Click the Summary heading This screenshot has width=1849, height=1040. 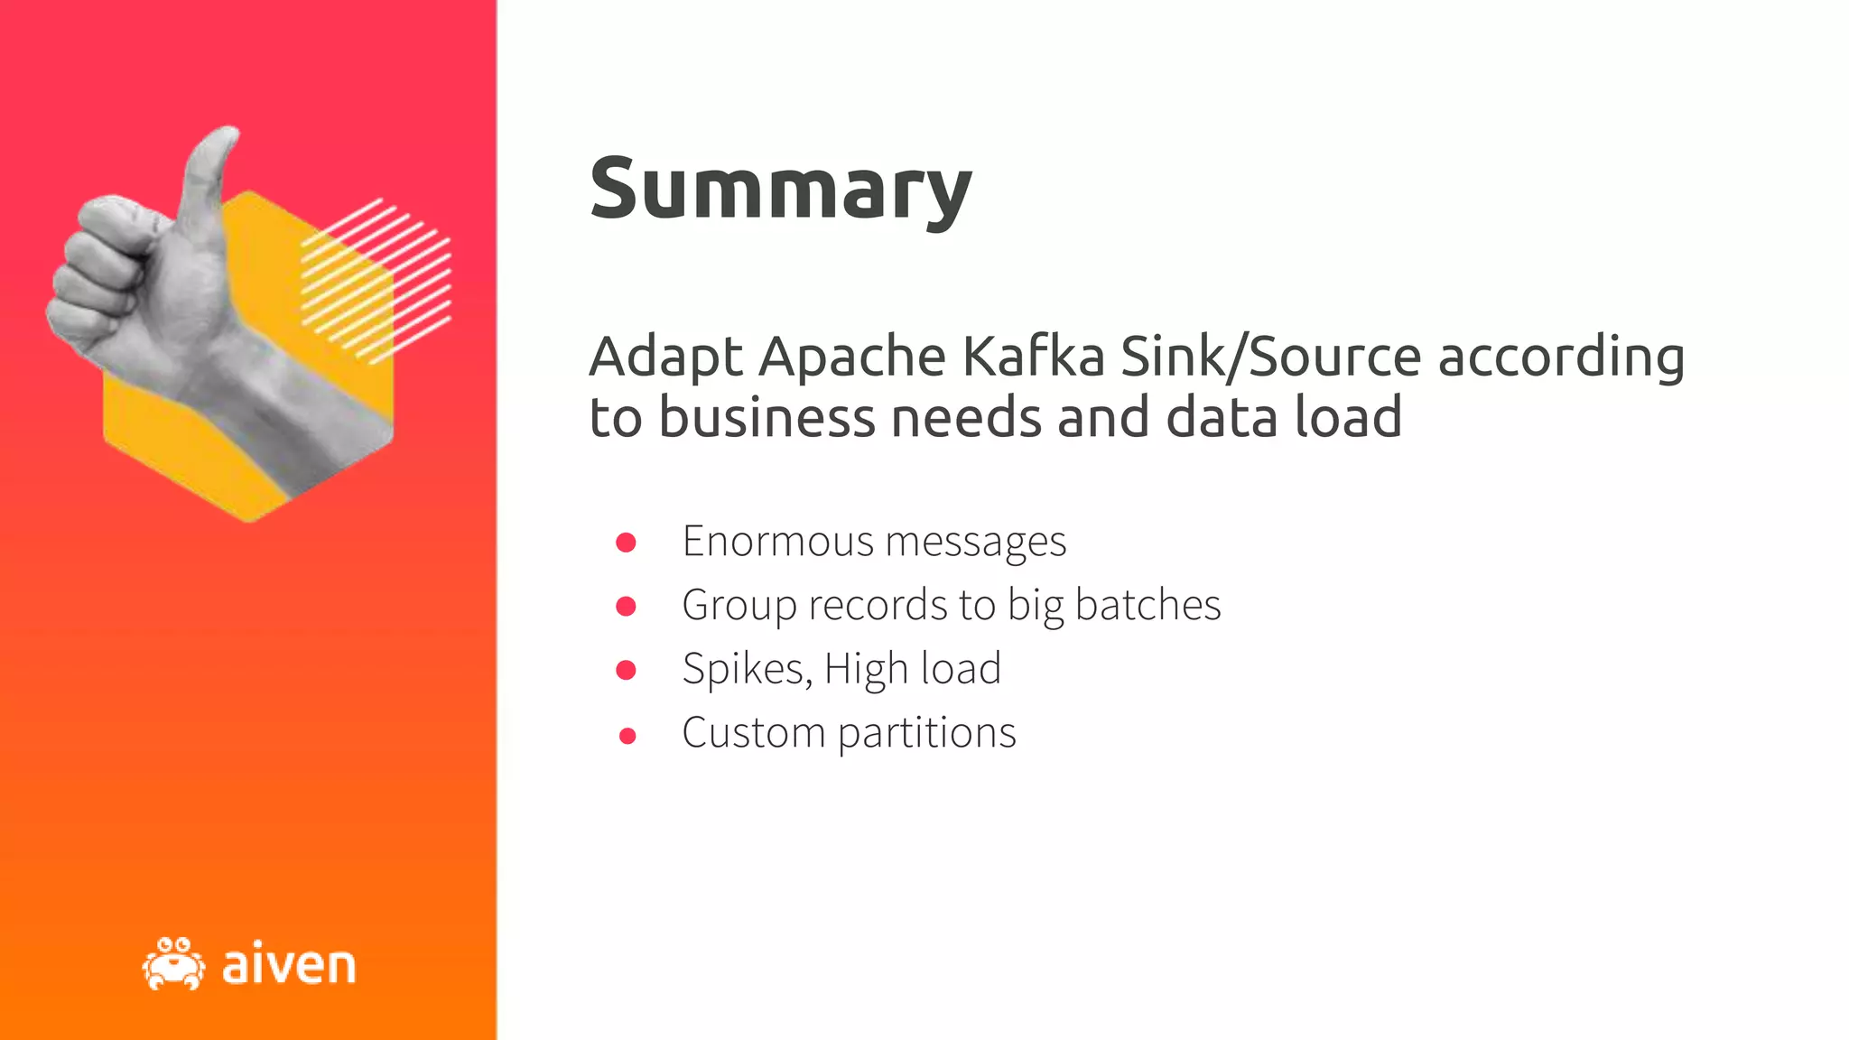point(780,190)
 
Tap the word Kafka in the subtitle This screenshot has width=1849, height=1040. point(1033,356)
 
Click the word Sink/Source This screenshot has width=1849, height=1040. point(1271,356)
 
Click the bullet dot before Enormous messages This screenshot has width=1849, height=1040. point(626,542)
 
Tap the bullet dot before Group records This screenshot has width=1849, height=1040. point(626,606)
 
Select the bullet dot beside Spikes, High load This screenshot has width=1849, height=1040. point(626,670)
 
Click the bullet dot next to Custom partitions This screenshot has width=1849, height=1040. point(627,736)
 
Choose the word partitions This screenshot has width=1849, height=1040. point(926,733)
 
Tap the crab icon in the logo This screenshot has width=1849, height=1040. point(173,964)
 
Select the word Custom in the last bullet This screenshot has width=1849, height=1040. point(753,733)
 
